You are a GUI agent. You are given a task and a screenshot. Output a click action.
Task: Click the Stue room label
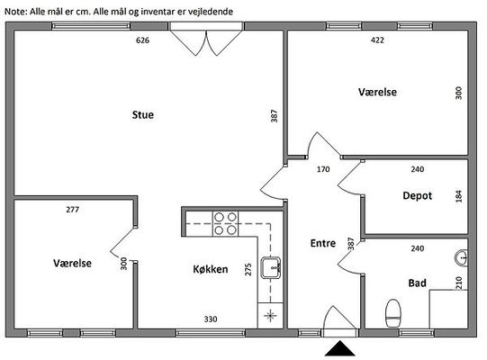tap(143, 114)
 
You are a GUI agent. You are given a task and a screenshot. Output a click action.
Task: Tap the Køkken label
tap(211, 269)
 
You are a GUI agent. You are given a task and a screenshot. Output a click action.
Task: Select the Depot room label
tap(417, 195)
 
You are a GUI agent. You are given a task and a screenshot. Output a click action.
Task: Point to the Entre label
tap(323, 243)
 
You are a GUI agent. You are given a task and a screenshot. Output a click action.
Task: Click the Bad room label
tap(417, 283)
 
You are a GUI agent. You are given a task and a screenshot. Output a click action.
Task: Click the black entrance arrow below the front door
tap(340, 348)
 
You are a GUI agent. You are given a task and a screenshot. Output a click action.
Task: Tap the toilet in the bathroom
tap(393, 313)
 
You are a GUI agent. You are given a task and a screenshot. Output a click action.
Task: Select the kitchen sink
tap(271, 267)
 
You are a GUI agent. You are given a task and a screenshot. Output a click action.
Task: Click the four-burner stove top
tap(225, 223)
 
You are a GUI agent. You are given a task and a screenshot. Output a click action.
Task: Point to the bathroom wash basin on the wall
tap(462, 257)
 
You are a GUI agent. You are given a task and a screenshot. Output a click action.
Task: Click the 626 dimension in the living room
tap(142, 40)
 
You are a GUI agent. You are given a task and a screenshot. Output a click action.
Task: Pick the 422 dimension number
tap(377, 40)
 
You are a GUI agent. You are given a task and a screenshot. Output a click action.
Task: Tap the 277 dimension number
tap(72, 210)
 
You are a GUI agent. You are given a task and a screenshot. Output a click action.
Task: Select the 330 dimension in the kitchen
tap(211, 319)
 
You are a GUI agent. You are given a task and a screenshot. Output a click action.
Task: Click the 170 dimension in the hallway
tap(323, 169)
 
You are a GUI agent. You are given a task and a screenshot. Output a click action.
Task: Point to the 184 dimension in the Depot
tap(459, 196)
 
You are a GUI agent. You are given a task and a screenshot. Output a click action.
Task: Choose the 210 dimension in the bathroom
tap(459, 283)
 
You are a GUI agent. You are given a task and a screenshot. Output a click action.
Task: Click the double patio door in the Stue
tap(206, 39)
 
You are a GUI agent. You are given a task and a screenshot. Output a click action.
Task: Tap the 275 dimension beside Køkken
tap(248, 270)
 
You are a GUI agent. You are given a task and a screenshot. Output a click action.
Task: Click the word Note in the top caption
tap(15, 12)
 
